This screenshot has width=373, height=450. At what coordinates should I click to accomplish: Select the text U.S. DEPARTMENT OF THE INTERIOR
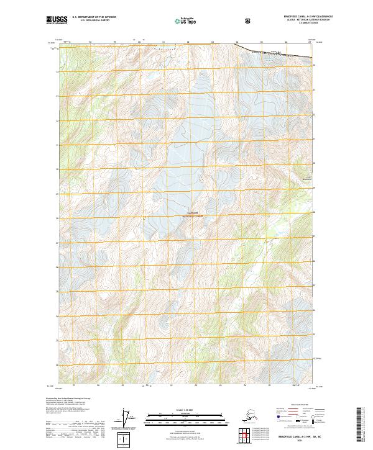point(94,18)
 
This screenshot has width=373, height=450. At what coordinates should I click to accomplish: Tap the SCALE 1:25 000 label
point(186,410)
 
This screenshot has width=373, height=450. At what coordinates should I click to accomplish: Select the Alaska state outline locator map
point(247,415)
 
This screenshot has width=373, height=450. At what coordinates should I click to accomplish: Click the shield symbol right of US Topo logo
point(248,20)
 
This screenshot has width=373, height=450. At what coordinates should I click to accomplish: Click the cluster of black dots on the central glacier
point(201,179)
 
